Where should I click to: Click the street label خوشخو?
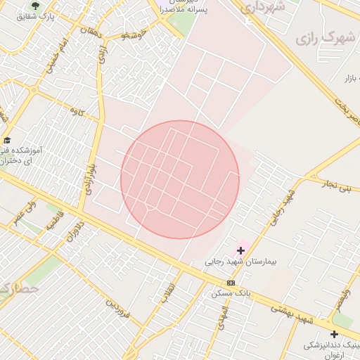(x=133, y=34)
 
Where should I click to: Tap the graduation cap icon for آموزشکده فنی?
(x=7, y=139)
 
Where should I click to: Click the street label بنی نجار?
(x=335, y=187)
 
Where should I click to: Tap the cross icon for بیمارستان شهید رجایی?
(x=241, y=250)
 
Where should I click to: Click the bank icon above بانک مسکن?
(x=231, y=282)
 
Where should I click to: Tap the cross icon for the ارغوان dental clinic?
(x=334, y=334)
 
